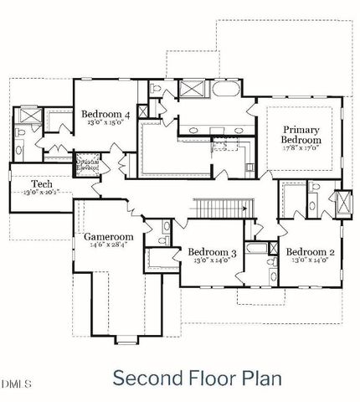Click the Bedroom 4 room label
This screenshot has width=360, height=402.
tap(105, 115)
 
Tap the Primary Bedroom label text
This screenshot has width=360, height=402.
tap(301, 135)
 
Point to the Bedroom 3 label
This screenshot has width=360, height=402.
tap(211, 251)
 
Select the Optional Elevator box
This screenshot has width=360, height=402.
tap(87, 162)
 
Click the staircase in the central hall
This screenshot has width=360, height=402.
tap(224, 205)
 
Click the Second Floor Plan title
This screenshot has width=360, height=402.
tap(197, 377)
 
